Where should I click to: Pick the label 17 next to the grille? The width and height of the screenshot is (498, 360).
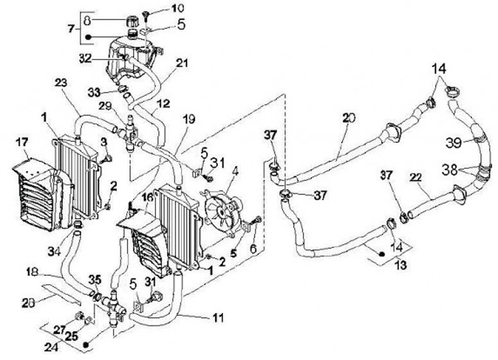(x=22, y=144)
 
